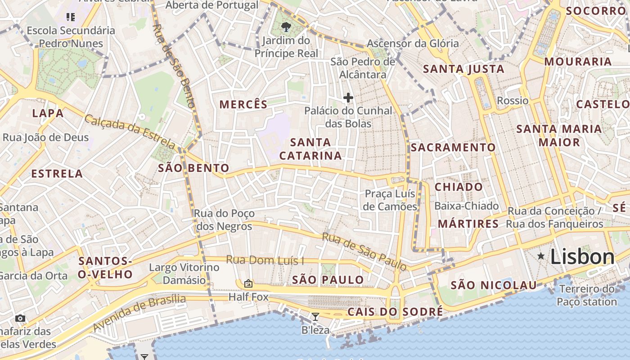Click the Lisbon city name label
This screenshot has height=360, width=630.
(582, 257)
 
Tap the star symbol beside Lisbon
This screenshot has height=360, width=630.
(541, 256)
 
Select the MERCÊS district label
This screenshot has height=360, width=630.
(243, 104)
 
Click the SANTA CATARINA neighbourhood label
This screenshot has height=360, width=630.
(310, 149)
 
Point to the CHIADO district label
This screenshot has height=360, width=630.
(459, 187)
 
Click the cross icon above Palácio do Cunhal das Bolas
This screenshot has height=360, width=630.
(348, 97)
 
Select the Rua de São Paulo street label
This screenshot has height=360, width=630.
(364, 252)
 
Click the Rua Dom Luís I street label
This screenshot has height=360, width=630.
(265, 260)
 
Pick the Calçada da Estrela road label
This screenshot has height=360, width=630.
(130, 132)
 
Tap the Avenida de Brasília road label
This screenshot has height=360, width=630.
(139, 313)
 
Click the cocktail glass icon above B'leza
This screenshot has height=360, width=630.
(315, 317)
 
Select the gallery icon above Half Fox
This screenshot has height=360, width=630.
(248, 283)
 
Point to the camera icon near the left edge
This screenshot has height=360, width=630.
(20, 319)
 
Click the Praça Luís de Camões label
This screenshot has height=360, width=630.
(390, 200)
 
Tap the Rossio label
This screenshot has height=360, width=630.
(513, 100)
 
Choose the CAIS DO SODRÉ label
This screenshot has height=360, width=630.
(395, 312)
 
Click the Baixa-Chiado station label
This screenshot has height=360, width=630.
(467, 206)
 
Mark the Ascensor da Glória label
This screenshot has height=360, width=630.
(413, 44)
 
